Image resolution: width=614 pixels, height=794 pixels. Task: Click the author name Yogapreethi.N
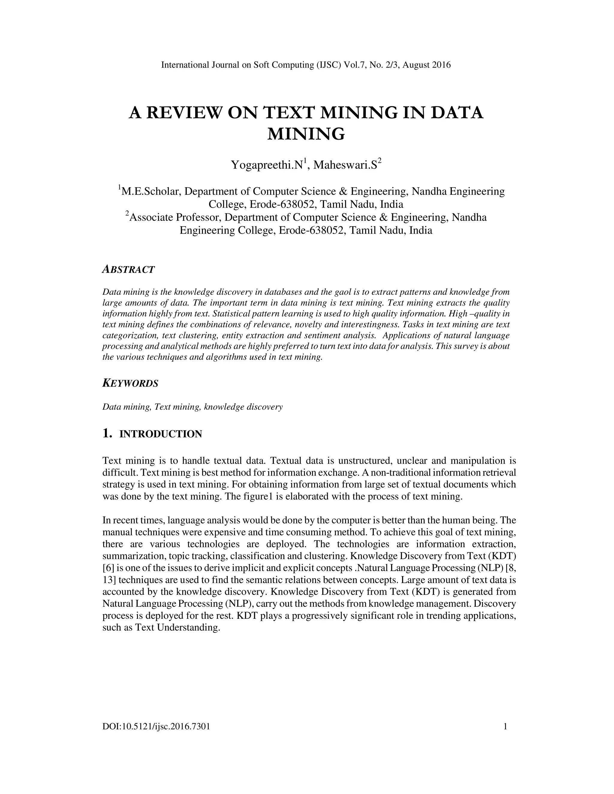point(267,165)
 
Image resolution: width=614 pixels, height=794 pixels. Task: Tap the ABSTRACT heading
point(129,269)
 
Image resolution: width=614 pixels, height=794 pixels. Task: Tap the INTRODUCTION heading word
point(161,434)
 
